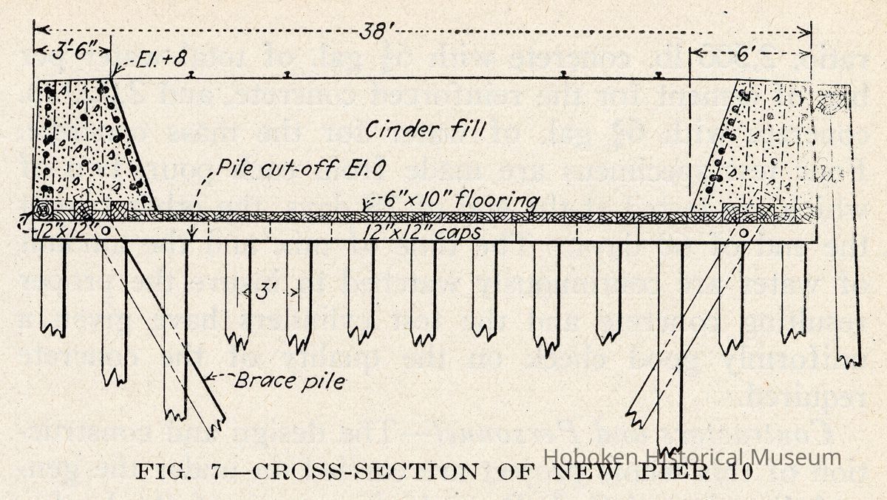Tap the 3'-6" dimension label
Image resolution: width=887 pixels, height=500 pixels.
tap(72, 52)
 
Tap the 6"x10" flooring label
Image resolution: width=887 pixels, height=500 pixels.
tap(455, 200)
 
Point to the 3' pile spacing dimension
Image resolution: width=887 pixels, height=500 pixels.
tap(269, 292)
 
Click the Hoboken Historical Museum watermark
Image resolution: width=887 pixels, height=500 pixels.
tap(692, 457)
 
